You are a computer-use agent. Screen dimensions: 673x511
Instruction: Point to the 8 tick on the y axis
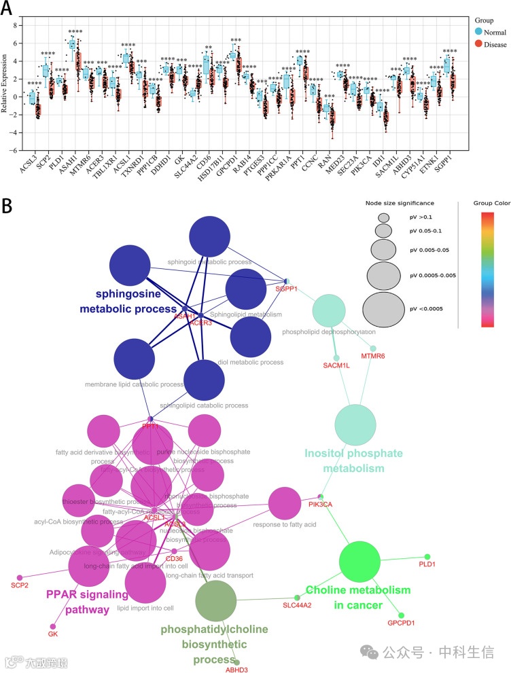pyautogui.click(x=16, y=24)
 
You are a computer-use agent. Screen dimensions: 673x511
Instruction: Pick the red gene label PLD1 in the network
pyautogui.click(x=427, y=564)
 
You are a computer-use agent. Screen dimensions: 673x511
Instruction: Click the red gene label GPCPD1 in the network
pyautogui.click(x=401, y=623)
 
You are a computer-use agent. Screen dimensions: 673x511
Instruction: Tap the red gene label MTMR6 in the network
pyautogui.click(x=373, y=356)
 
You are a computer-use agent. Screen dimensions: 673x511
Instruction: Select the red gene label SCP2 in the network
pyautogui.click(x=19, y=585)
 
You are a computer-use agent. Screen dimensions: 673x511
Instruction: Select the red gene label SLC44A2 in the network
pyautogui.click(x=297, y=605)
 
